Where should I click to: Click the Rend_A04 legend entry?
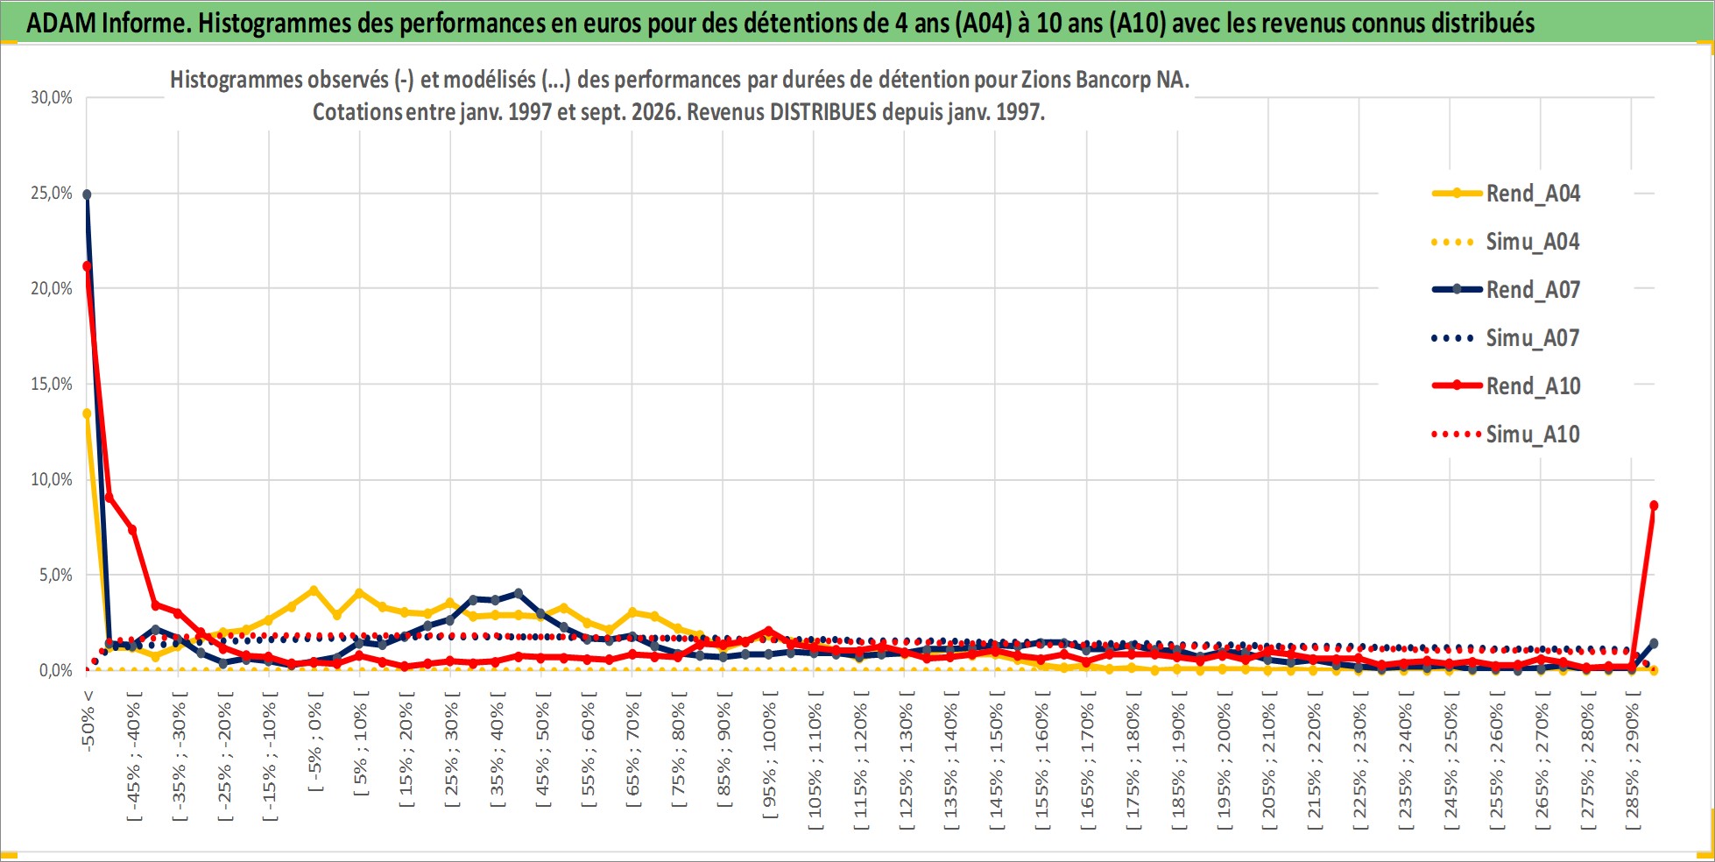tap(1506, 194)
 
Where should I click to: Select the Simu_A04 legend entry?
tap(1506, 242)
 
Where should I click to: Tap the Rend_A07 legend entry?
tap(1506, 290)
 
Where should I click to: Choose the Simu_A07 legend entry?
tap(1506, 338)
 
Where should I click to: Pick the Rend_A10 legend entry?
tap(1506, 386)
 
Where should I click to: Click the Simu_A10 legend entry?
tap(1506, 435)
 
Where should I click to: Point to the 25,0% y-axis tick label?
tap(52, 194)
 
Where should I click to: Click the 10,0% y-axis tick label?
tap(52, 480)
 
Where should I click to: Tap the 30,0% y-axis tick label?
tap(52, 98)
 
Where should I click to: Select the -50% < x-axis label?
tap(88, 721)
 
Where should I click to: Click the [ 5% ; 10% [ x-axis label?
tap(360, 743)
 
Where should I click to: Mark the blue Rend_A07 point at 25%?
tap(87, 194)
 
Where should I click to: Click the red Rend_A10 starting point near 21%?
tap(87, 266)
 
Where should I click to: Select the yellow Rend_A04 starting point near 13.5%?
tap(87, 413)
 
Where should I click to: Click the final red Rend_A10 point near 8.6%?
tap(1654, 505)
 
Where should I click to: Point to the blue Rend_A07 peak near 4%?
tap(518, 593)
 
